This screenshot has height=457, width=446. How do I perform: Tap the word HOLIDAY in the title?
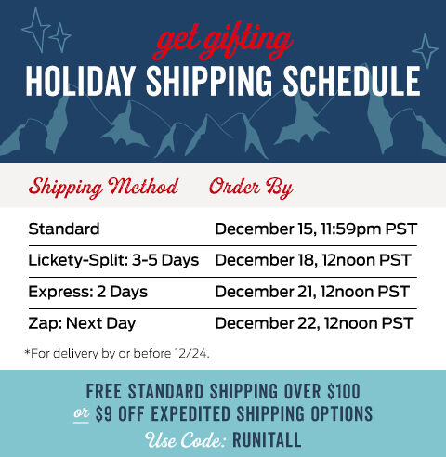pyautogui.click(x=78, y=83)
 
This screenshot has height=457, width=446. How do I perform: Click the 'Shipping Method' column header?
pyautogui.click(x=103, y=187)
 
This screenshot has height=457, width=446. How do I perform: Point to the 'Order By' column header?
pyautogui.click(x=251, y=187)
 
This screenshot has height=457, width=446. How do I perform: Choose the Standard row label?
pyautogui.click(x=64, y=228)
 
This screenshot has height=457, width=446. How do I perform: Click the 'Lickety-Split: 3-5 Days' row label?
pyautogui.click(x=113, y=260)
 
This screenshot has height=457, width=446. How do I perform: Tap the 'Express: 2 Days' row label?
pyautogui.click(x=87, y=292)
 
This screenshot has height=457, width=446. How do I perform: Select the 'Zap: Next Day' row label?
pyautogui.click(x=82, y=323)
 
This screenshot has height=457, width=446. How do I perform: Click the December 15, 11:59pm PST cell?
pyautogui.click(x=314, y=228)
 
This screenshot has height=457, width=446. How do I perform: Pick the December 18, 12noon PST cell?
pyautogui.click(x=313, y=260)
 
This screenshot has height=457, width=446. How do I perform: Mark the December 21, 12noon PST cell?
pyautogui.click(x=313, y=292)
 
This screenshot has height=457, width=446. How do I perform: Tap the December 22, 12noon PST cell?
pyautogui.click(x=313, y=323)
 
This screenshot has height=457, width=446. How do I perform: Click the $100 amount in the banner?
pyautogui.click(x=340, y=390)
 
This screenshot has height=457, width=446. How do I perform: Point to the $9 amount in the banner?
pyautogui.click(x=108, y=412)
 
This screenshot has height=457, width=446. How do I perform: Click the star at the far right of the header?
pyautogui.click(x=425, y=50)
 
